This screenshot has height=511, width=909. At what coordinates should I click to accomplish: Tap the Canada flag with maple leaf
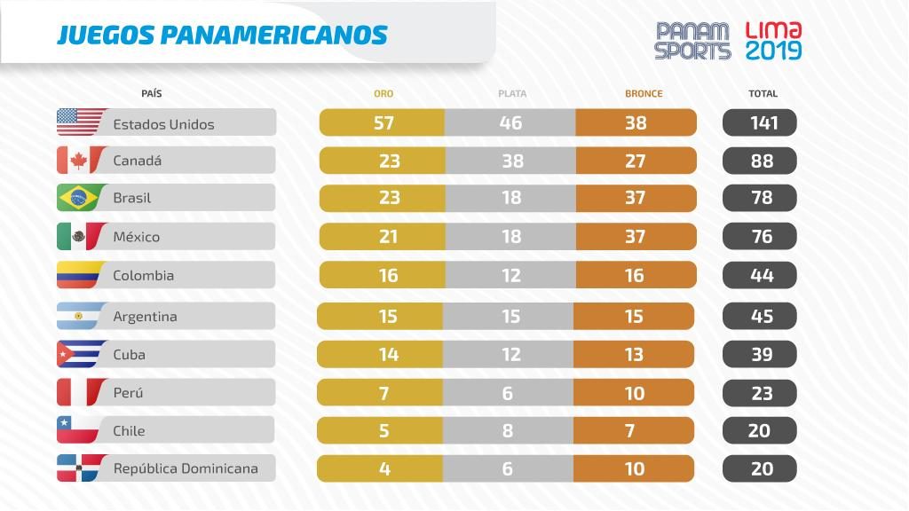tap(79, 161)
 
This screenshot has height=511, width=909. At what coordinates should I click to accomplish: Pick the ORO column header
tap(383, 93)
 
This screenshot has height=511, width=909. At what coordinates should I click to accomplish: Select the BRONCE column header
tap(644, 93)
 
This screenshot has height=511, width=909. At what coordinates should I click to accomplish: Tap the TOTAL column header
tap(763, 93)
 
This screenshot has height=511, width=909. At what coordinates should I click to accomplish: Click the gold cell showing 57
tap(383, 122)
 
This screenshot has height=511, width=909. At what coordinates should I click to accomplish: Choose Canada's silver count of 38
tap(511, 161)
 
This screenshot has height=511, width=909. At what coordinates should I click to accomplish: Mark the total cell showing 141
tap(762, 122)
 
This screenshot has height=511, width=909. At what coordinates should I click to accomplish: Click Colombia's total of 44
tap(762, 275)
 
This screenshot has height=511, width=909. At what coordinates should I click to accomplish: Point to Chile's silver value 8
tap(508, 430)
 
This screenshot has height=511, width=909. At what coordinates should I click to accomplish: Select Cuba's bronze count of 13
tap(635, 354)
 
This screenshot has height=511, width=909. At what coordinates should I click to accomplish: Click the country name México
tap(137, 237)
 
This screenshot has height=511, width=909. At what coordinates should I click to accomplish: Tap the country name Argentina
tap(145, 316)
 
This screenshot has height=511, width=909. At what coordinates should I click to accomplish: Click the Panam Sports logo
tap(692, 41)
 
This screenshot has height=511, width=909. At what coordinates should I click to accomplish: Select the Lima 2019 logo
tap(773, 41)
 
